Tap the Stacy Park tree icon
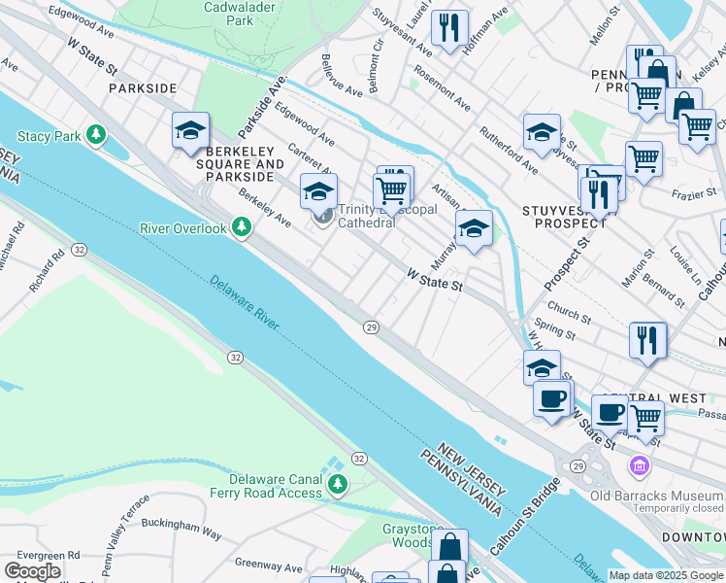click(x=95, y=135)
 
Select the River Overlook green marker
click(x=242, y=228)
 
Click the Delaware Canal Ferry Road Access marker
click(x=337, y=485)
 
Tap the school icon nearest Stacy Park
click(x=190, y=130)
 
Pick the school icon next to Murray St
click(x=473, y=229)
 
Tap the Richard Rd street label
click(x=47, y=271)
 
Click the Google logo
click(x=32, y=571)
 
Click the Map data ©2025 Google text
click(x=665, y=575)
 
